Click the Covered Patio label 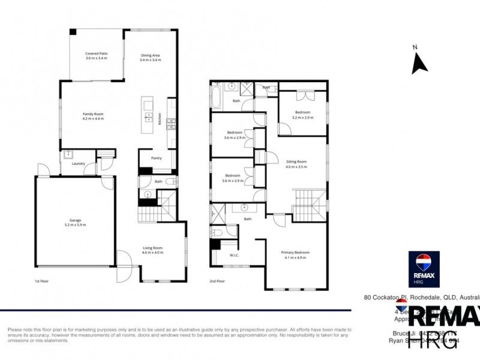(x=96, y=54)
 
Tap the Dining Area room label (x=150, y=55)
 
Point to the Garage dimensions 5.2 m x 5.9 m (x=75, y=225)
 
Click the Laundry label (x=77, y=164)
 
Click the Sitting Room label (x=296, y=161)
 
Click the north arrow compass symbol (x=419, y=62)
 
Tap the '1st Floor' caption (x=41, y=281)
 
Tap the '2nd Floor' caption (x=217, y=281)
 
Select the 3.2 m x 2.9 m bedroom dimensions (x=302, y=117)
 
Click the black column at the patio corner (x=72, y=32)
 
